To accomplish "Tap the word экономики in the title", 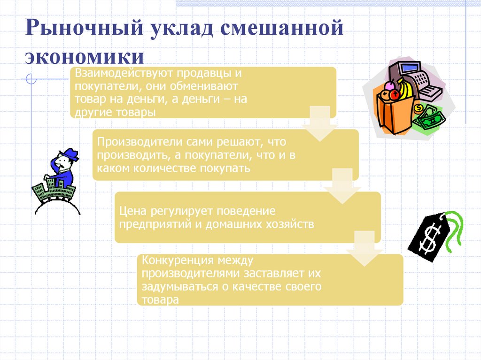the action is (85, 57).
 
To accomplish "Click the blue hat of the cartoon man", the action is (70, 155).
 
